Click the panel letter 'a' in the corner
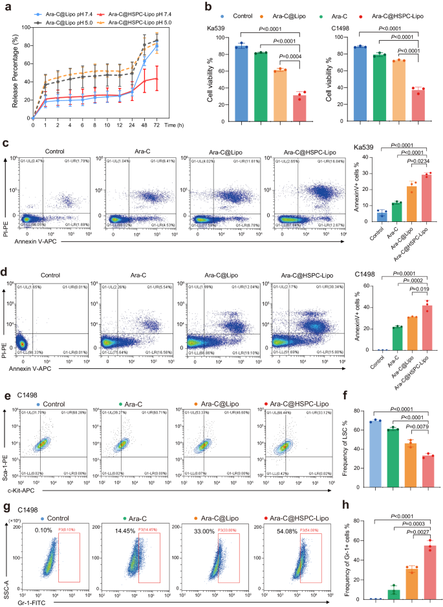[x=5, y=5]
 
